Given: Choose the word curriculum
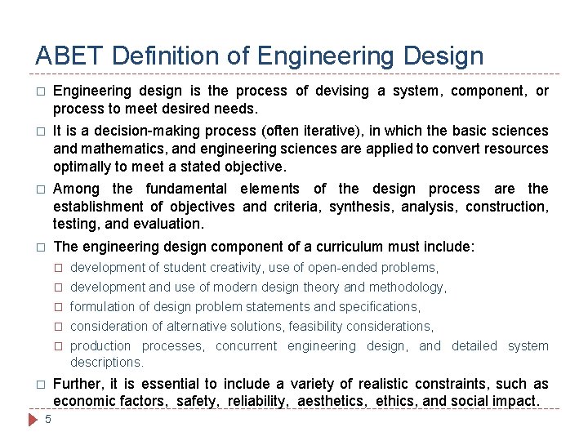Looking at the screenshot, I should pos(353,247).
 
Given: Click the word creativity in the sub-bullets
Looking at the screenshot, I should pos(237,267).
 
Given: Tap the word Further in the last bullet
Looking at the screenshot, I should pos(79,384).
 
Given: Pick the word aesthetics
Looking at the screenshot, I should pos(327,401).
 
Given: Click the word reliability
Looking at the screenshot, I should pos(259,401).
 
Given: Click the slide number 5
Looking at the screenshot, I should pos(48,420).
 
